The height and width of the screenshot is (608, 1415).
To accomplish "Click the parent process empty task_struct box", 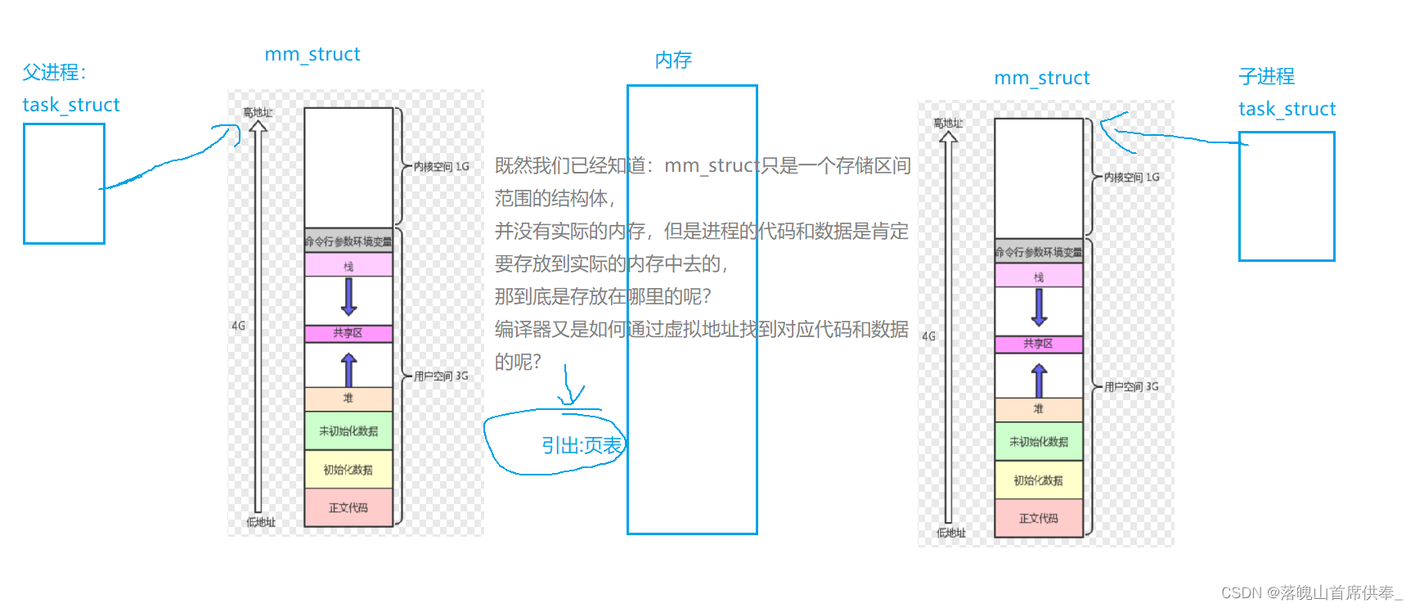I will pos(64,183).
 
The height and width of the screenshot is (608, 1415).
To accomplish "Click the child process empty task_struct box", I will pos(1286,196).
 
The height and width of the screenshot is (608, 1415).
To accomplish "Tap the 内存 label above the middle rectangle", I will pos(673,60).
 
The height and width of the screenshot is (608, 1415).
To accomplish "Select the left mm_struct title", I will pos(312,54).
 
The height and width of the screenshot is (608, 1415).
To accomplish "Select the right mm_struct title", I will pos(1041,78).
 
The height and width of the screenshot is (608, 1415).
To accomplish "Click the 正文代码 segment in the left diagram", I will pos(348,507).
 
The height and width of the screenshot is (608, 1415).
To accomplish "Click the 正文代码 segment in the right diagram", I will pos(1039,518).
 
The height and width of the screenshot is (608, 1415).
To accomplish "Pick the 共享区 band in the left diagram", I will pos(348,333).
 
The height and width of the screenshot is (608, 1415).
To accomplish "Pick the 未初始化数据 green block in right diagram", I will pos(1039,442).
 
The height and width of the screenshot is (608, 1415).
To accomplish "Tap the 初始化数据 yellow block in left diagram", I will pos(348,470).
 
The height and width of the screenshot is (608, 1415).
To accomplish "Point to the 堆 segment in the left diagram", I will pos(348,399).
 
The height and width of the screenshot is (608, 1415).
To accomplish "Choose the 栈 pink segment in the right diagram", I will pos(1039,277).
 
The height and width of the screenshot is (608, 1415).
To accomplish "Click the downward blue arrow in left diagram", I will pos(348,297).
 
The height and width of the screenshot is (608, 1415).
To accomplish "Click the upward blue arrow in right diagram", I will pos(1039,381).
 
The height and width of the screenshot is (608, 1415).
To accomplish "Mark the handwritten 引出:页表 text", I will pos(582,445).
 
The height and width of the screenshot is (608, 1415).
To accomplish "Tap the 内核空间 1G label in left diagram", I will pos(441,166).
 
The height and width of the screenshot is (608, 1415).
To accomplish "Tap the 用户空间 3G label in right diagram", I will pos(1131,386).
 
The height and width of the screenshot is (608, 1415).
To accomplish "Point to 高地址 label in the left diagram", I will pos(258,113).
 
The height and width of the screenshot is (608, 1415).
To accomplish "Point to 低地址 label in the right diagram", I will pos(951,533).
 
